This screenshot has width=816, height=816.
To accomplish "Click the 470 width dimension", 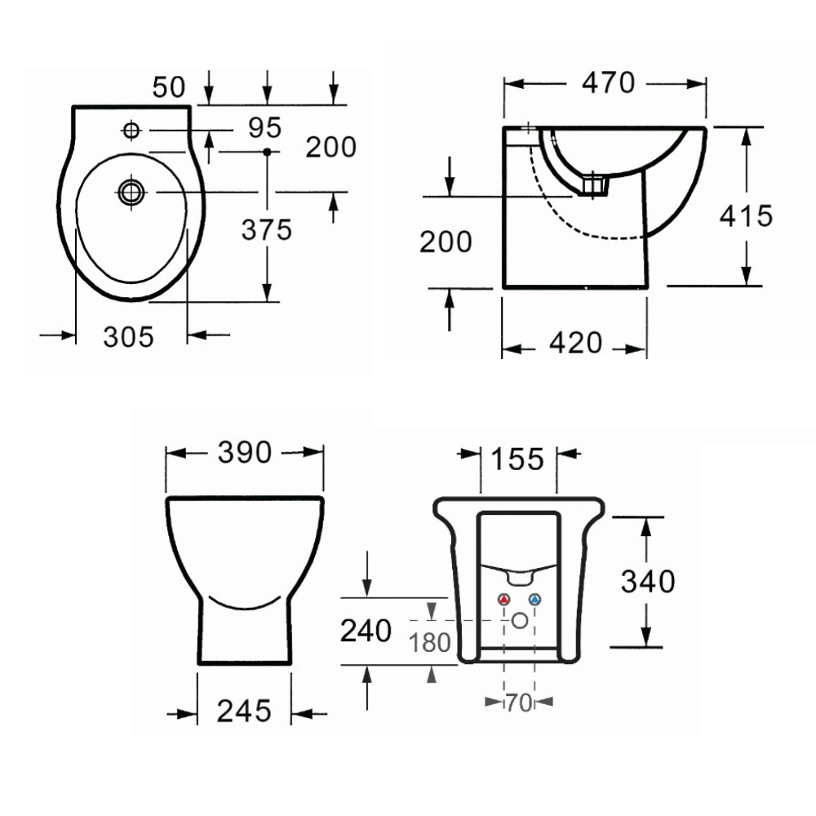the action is click(609, 82).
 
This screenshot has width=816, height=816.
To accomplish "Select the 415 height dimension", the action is click(747, 215).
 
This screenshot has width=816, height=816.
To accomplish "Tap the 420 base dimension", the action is click(575, 343).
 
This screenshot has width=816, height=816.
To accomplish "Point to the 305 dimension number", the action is click(129, 337).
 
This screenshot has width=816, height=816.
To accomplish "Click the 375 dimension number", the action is click(267, 229).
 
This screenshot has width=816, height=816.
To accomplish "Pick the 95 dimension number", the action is click(265, 127).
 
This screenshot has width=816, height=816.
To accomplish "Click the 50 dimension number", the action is click(169, 87).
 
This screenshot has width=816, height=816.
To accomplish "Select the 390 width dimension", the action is click(245, 452).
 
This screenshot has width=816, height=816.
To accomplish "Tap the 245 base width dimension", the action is click(244, 711).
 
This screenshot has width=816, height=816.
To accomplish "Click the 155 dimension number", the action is click(517, 459).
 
